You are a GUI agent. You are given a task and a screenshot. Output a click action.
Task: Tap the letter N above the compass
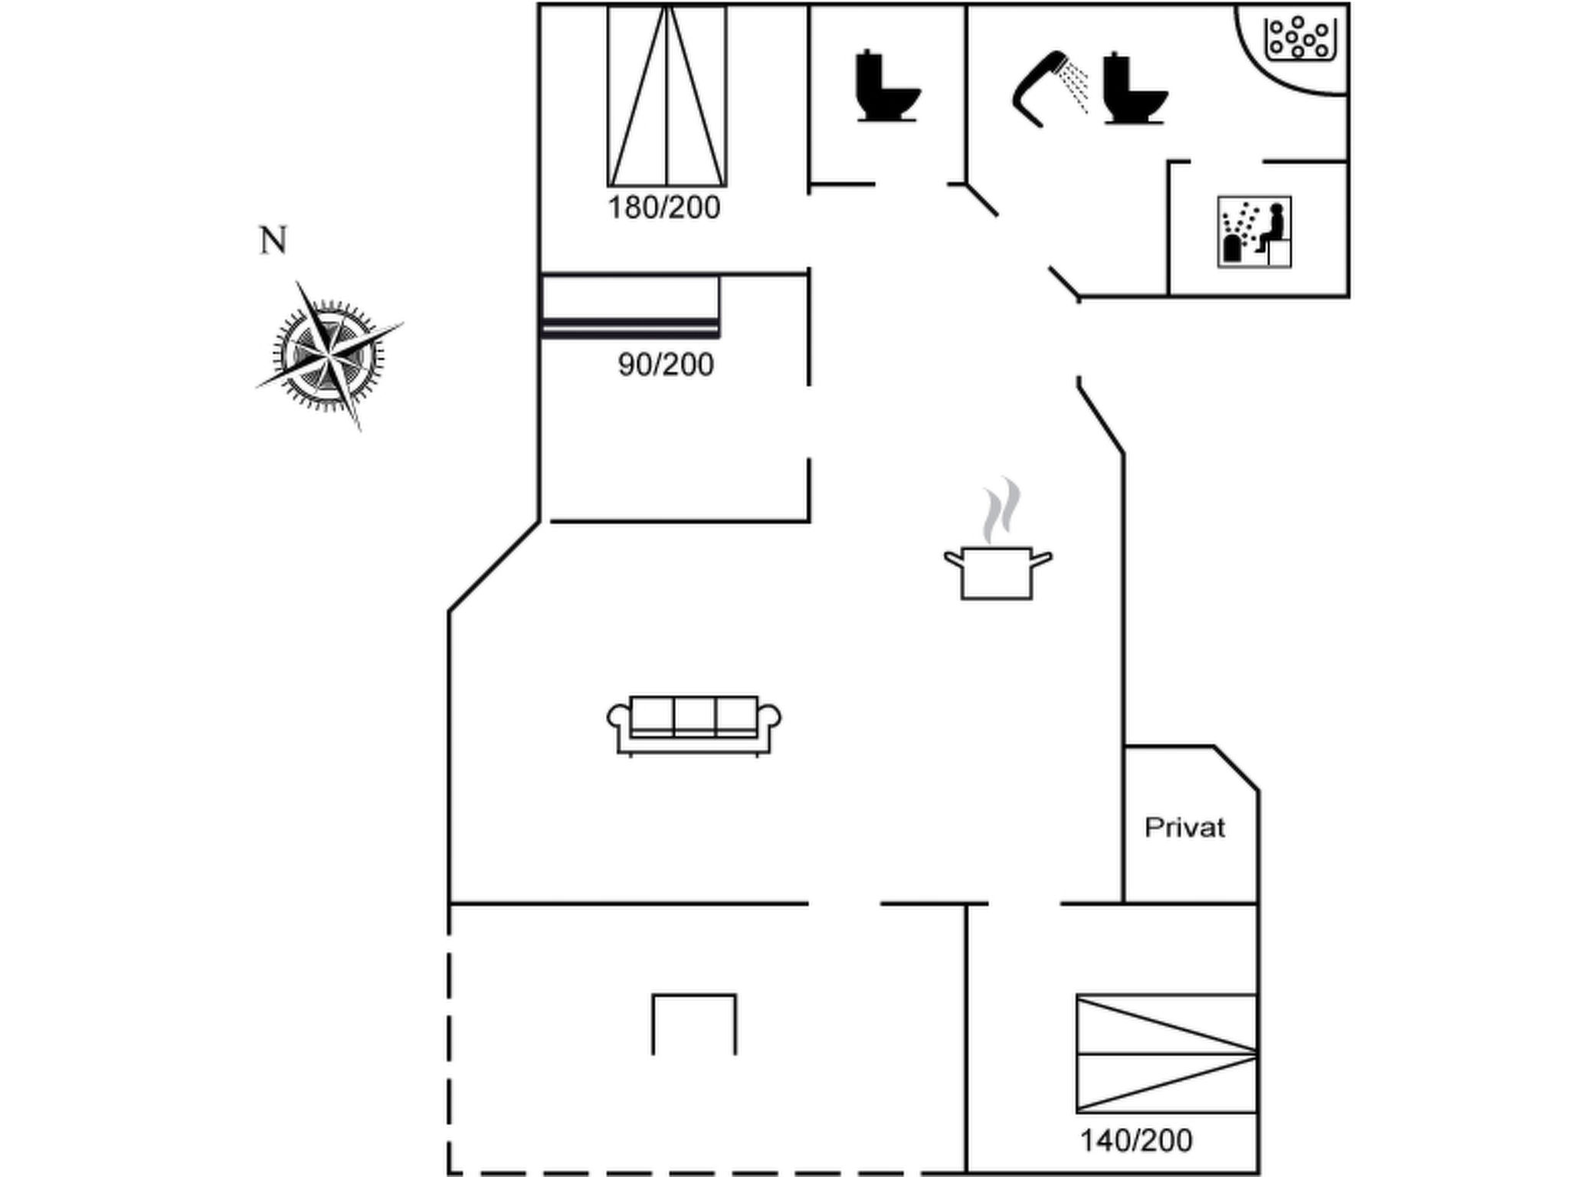coord(274,241)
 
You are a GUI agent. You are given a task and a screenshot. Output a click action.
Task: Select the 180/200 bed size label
coord(663,208)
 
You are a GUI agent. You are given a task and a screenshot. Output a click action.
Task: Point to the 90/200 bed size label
coord(666,365)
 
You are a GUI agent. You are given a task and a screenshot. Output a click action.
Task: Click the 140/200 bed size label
coord(1135,1141)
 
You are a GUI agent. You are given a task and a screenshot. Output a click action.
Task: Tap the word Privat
coord(1184,828)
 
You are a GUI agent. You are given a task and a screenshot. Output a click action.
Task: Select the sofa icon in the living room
coord(694,725)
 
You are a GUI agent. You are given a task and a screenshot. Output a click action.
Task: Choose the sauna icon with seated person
coord(1254,231)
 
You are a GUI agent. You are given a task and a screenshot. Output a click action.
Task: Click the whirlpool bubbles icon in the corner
coord(1299,38)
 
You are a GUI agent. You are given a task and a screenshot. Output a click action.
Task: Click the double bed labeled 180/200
coord(667,96)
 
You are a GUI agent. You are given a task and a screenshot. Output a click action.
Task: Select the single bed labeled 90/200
coord(630,307)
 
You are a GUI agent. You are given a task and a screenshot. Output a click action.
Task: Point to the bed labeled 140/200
coord(1166,1054)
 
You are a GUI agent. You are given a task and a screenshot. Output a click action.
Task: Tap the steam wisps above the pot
coord(1002,510)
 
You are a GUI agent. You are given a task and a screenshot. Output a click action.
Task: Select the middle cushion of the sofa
coord(694,716)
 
